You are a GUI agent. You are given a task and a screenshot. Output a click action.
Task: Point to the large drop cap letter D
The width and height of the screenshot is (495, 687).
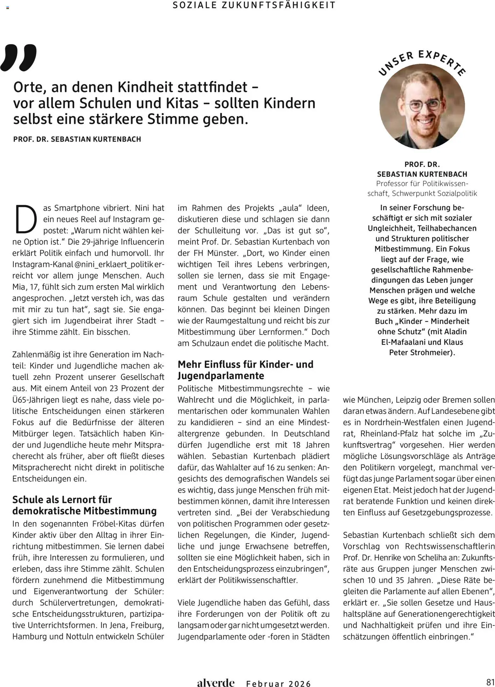click(x=24, y=219)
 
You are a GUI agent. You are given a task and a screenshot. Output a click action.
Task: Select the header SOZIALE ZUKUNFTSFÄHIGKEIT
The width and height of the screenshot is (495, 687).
click(x=254, y=5)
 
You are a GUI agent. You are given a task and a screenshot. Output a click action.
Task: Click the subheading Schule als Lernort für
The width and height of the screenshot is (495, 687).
click(x=62, y=499)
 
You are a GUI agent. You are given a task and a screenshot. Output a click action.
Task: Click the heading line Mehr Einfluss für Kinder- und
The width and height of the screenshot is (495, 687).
click(x=245, y=364)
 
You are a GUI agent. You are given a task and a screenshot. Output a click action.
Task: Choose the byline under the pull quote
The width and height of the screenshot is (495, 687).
click(x=77, y=139)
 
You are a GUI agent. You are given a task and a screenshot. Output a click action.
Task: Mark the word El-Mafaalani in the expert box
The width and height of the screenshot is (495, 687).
click(x=404, y=342)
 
